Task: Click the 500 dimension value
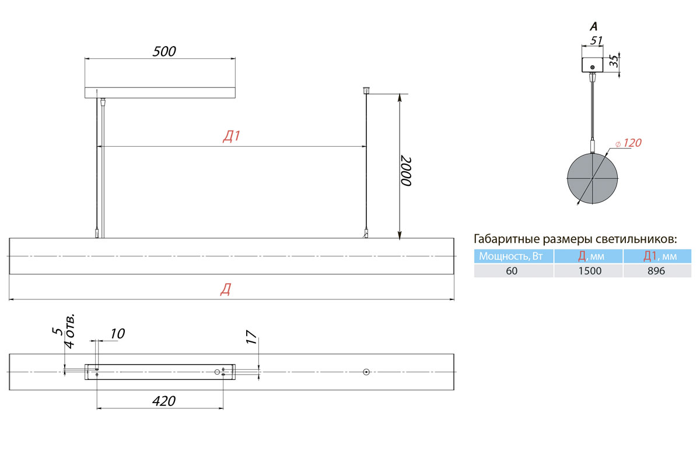(164, 51)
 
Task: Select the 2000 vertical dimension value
(406, 171)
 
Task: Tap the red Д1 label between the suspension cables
(232, 136)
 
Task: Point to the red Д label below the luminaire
(226, 290)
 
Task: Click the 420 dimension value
(164, 401)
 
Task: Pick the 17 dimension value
(251, 337)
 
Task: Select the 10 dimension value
(117, 334)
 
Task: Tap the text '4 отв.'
(69, 331)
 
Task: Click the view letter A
(593, 27)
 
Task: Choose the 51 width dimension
(596, 41)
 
